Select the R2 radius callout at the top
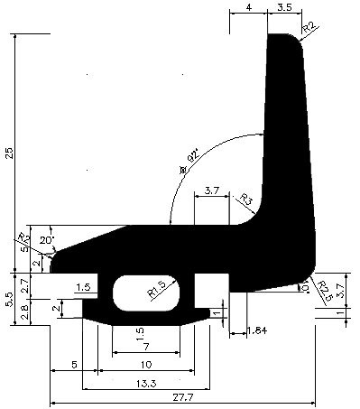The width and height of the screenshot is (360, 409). pos(309,27)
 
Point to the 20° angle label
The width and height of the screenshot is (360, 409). pos(47,240)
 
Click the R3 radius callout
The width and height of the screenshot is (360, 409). pos(243,199)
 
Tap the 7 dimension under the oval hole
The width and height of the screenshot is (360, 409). pos(146,347)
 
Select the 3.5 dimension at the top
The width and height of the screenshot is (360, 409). pos(284,8)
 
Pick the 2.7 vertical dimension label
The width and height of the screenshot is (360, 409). pos(25,284)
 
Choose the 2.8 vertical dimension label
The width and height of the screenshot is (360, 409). pos(25,311)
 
